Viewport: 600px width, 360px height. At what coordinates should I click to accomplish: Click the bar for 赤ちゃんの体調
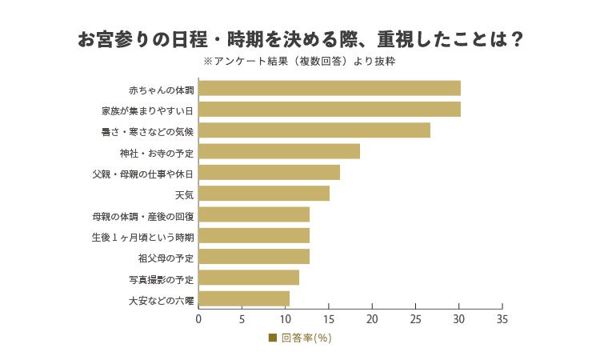[330, 88]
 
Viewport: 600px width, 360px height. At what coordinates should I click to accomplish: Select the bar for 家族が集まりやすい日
[330, 109]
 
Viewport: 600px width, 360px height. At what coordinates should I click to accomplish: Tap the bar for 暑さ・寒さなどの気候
[314, 130]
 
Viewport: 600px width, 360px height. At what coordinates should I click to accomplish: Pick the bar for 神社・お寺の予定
[279, 151]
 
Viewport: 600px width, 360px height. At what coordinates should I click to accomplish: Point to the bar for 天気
[264, 193]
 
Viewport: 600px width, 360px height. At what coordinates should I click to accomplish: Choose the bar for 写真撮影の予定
[249, 278]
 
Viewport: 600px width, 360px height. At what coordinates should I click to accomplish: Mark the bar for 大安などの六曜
[244, 298]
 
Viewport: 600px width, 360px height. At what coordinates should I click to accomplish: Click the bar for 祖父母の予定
[254, 256]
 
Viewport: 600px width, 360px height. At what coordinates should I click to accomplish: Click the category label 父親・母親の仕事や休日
[142, 174]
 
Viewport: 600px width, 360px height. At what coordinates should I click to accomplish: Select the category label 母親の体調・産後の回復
[142, 217]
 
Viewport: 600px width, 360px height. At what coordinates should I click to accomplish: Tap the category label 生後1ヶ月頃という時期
[142, 238]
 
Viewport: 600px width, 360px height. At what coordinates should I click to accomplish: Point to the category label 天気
[185, 195]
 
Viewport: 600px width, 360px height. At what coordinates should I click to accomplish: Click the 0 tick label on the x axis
[198, 319]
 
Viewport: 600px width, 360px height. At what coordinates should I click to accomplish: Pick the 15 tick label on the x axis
[329, 319]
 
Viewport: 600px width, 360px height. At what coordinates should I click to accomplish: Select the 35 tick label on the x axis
[502, 319]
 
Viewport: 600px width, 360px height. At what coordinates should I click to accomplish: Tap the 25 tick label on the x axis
[415, 319]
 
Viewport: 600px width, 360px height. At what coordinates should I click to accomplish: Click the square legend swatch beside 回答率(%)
[273, 338]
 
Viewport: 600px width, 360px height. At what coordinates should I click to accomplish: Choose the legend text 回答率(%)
[306, 338]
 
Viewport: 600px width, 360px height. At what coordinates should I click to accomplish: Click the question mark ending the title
[517, 40]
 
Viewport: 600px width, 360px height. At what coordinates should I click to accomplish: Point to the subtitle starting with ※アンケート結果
[300, 62]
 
